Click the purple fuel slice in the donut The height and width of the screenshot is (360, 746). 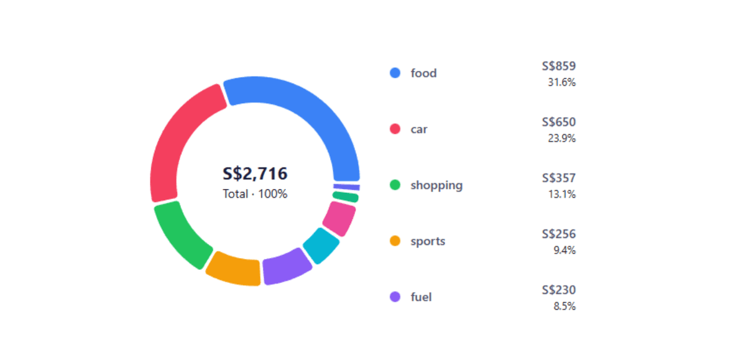[286, 267]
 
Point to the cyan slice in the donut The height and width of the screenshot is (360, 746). [321, 245]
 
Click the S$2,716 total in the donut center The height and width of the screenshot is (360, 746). [255, 174]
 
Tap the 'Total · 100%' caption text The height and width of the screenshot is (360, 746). [255, 194]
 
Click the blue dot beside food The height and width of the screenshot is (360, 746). [395, 73]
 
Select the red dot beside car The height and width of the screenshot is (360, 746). [395, 129]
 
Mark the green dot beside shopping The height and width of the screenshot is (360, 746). [395, 185]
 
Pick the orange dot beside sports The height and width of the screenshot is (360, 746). [395, 241]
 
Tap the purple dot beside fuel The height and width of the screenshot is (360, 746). [395, 297]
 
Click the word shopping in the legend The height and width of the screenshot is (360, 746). [436, 185]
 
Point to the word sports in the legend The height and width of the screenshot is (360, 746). [428, 241]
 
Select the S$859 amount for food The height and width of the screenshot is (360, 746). [558, 66]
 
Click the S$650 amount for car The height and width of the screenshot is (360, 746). [558, 122]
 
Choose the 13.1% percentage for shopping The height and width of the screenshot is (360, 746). [561, 195]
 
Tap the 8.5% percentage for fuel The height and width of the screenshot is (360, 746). [564, 307]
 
